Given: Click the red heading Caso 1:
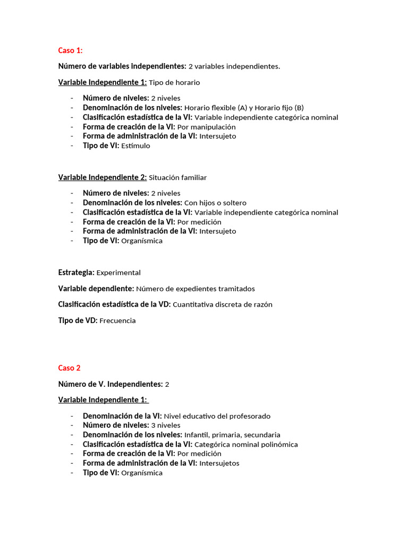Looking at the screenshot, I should (x=70, y=50).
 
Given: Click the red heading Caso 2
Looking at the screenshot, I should (x=69, y=368).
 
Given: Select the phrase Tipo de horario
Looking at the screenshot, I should (x=174, y=83).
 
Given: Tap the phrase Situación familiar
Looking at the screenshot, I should (x=177, y=177).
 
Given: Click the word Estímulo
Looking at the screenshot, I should (x=135, y=146).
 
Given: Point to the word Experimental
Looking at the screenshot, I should (x=118, y=273).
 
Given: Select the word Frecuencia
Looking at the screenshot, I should (x=117, y=321).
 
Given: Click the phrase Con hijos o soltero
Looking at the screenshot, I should (x=215, y=203).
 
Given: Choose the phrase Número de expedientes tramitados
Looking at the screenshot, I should (x=195, y=289).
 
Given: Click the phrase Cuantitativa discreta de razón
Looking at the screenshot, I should (x=223, y=305).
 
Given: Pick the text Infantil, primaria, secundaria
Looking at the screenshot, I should (x=232, y=435).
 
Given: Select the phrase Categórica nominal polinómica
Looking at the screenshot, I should (x=246, y=444).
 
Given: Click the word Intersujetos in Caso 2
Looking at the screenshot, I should (x=219, y=463).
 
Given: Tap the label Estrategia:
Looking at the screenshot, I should (x=76, y=273).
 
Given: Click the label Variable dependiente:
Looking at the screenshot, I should (x=96, y=289).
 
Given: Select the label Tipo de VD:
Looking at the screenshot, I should (x=78, y=321).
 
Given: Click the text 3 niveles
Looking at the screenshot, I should (x=166, y=425).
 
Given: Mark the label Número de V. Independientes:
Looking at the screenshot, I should (x=110, y=384).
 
